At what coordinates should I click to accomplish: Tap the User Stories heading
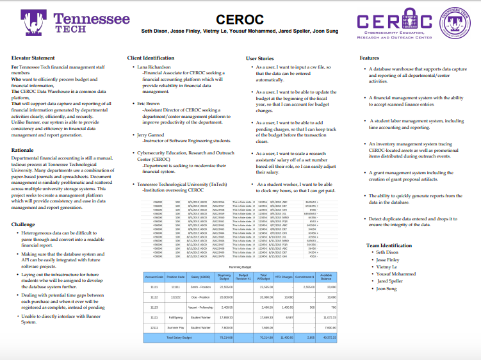pyautogui.click(x=261, y=58)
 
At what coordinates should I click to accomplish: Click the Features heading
pyautogui.click(x=370, y=58)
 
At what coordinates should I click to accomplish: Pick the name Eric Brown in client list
pyautogui.click(x=148, y=102)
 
